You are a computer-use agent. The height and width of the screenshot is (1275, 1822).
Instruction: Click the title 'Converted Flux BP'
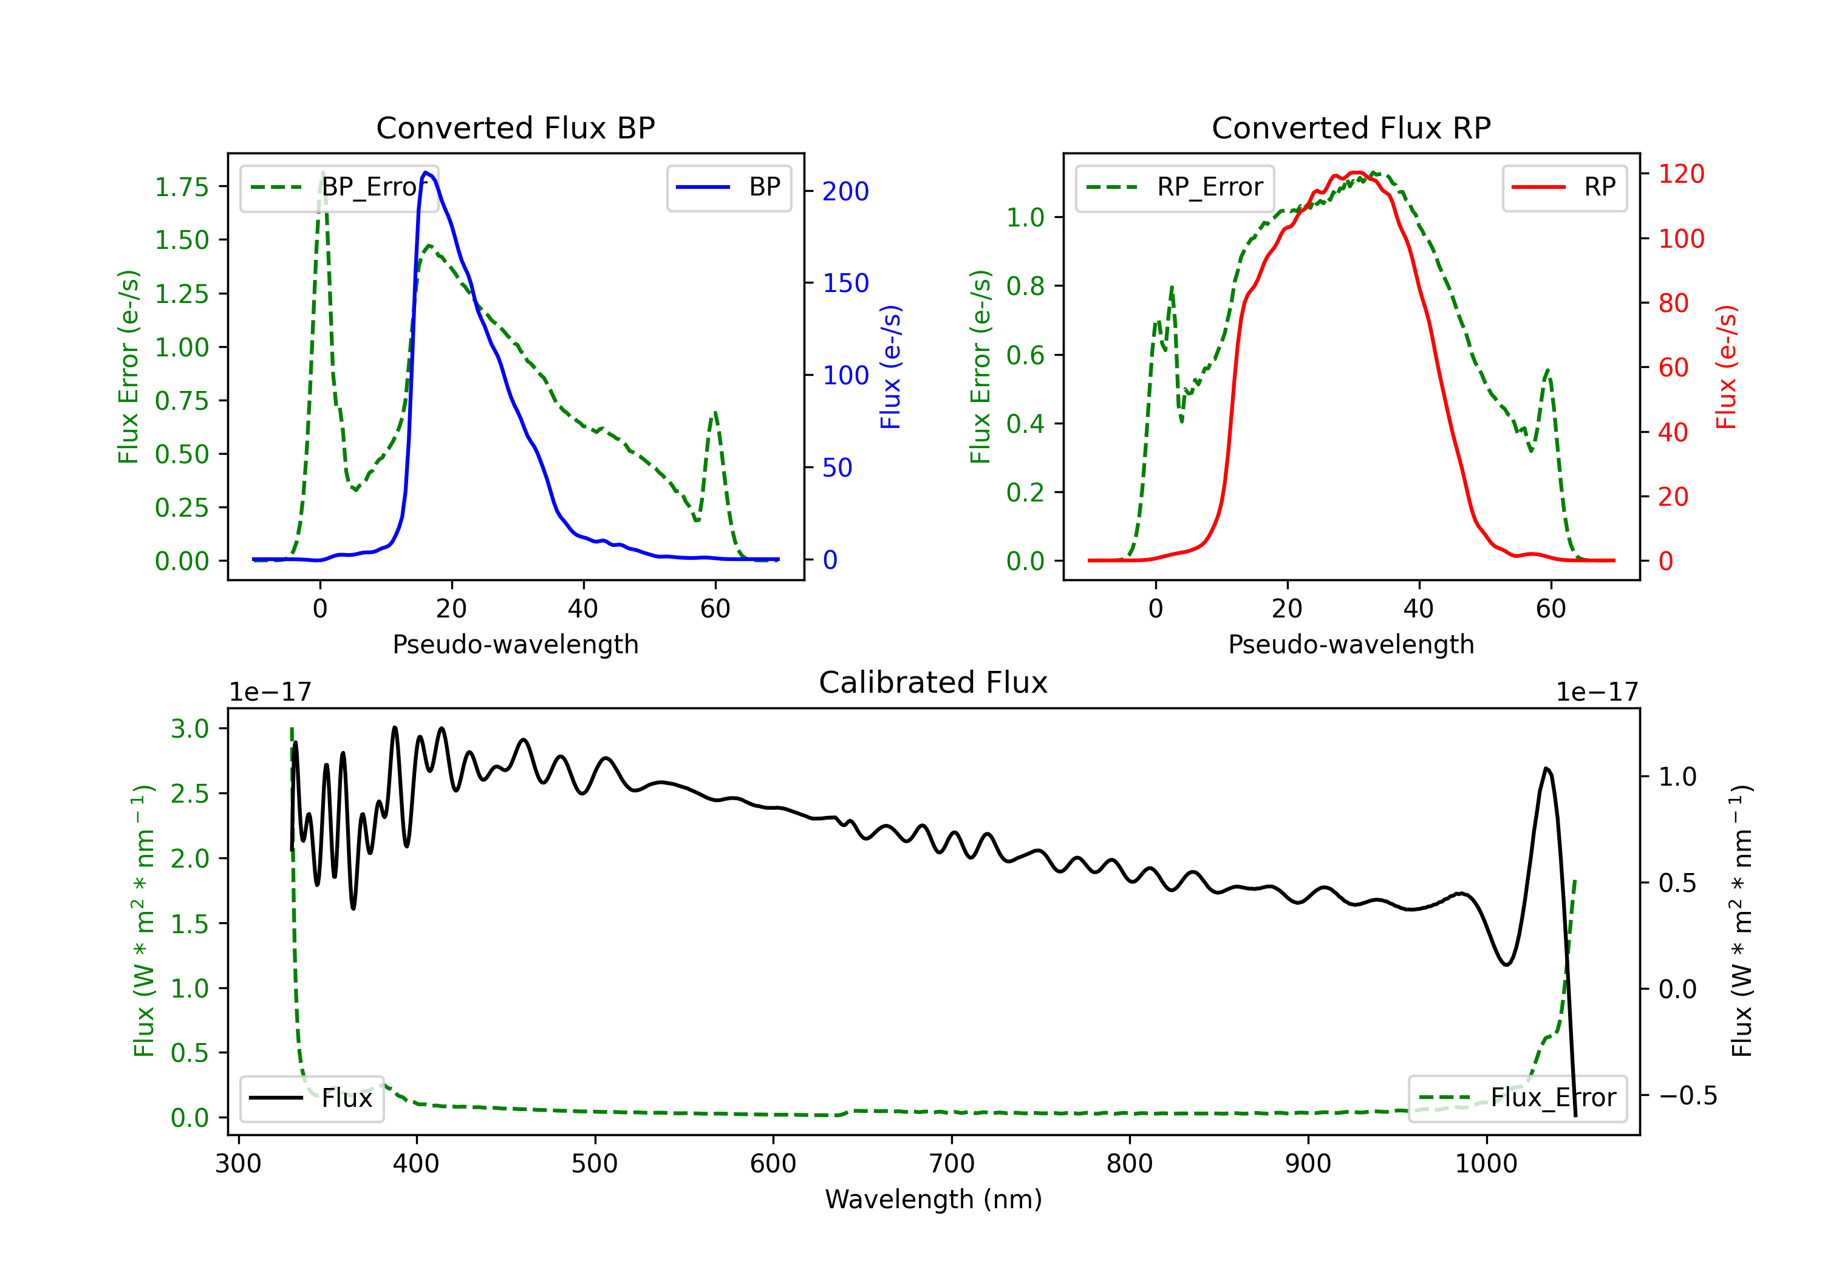point(515,127)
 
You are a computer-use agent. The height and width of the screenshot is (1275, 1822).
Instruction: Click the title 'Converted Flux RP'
point(1351,127)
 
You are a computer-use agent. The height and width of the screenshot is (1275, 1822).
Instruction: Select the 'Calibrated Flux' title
point(933,682)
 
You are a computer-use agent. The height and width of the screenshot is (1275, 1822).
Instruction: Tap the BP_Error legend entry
point(339,187)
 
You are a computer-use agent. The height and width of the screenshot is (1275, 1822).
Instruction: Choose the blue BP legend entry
point(728,187)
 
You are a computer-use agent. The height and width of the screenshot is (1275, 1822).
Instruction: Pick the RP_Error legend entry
point(1175,187)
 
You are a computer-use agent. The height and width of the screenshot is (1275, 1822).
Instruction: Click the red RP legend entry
point(1564,187)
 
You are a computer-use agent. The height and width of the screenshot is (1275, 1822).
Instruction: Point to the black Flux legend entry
point(311,1098)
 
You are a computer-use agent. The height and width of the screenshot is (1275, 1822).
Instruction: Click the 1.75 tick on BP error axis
point(182,187)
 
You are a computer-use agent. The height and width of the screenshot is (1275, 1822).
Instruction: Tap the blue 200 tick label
point(845,191)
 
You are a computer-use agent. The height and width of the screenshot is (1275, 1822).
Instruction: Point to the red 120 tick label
point(1682,174)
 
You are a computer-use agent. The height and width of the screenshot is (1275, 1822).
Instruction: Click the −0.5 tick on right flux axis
point(1688,1096)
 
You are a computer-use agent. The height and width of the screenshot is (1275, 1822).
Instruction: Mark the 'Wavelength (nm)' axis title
point(933,1199)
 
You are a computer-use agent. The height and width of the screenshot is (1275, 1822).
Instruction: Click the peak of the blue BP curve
point(426,172)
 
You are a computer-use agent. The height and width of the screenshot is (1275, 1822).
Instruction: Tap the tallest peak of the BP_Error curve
point(322,173)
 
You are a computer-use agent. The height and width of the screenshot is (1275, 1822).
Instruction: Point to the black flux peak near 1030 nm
point(1546,768)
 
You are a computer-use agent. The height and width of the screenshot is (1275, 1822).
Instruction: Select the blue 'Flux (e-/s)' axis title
point(890,367)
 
